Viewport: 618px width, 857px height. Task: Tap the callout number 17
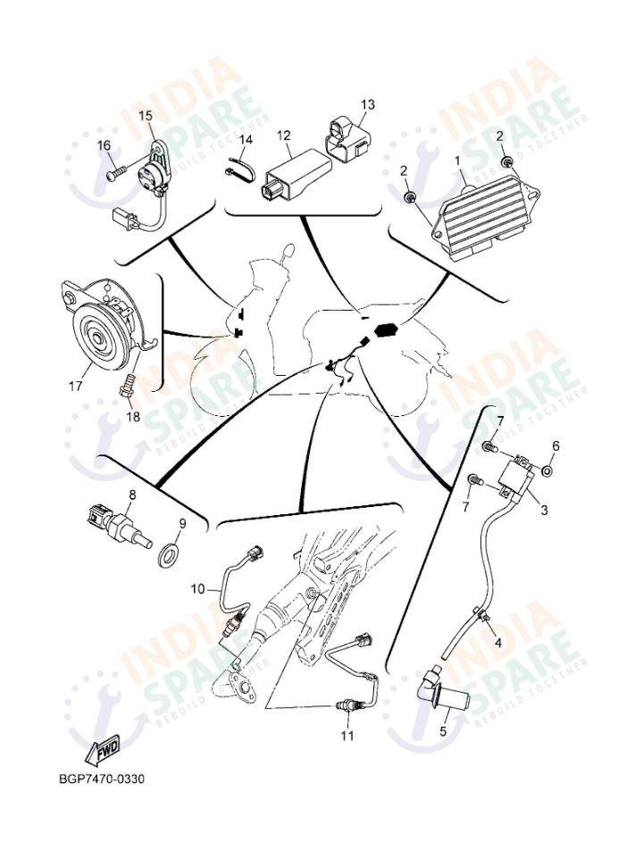pos(76,387)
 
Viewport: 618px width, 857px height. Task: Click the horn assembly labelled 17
pos(100,330)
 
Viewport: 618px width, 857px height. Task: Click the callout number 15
pos(146,115)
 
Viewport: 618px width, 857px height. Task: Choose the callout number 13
pos(368,105)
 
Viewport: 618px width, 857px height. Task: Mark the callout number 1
pos(458,161)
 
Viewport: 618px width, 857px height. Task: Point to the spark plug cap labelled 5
pos(447,689)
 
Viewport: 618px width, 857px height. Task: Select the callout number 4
pos(497,643)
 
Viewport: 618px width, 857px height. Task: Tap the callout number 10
pos(197,589)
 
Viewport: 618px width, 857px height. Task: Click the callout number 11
pos(347,736)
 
